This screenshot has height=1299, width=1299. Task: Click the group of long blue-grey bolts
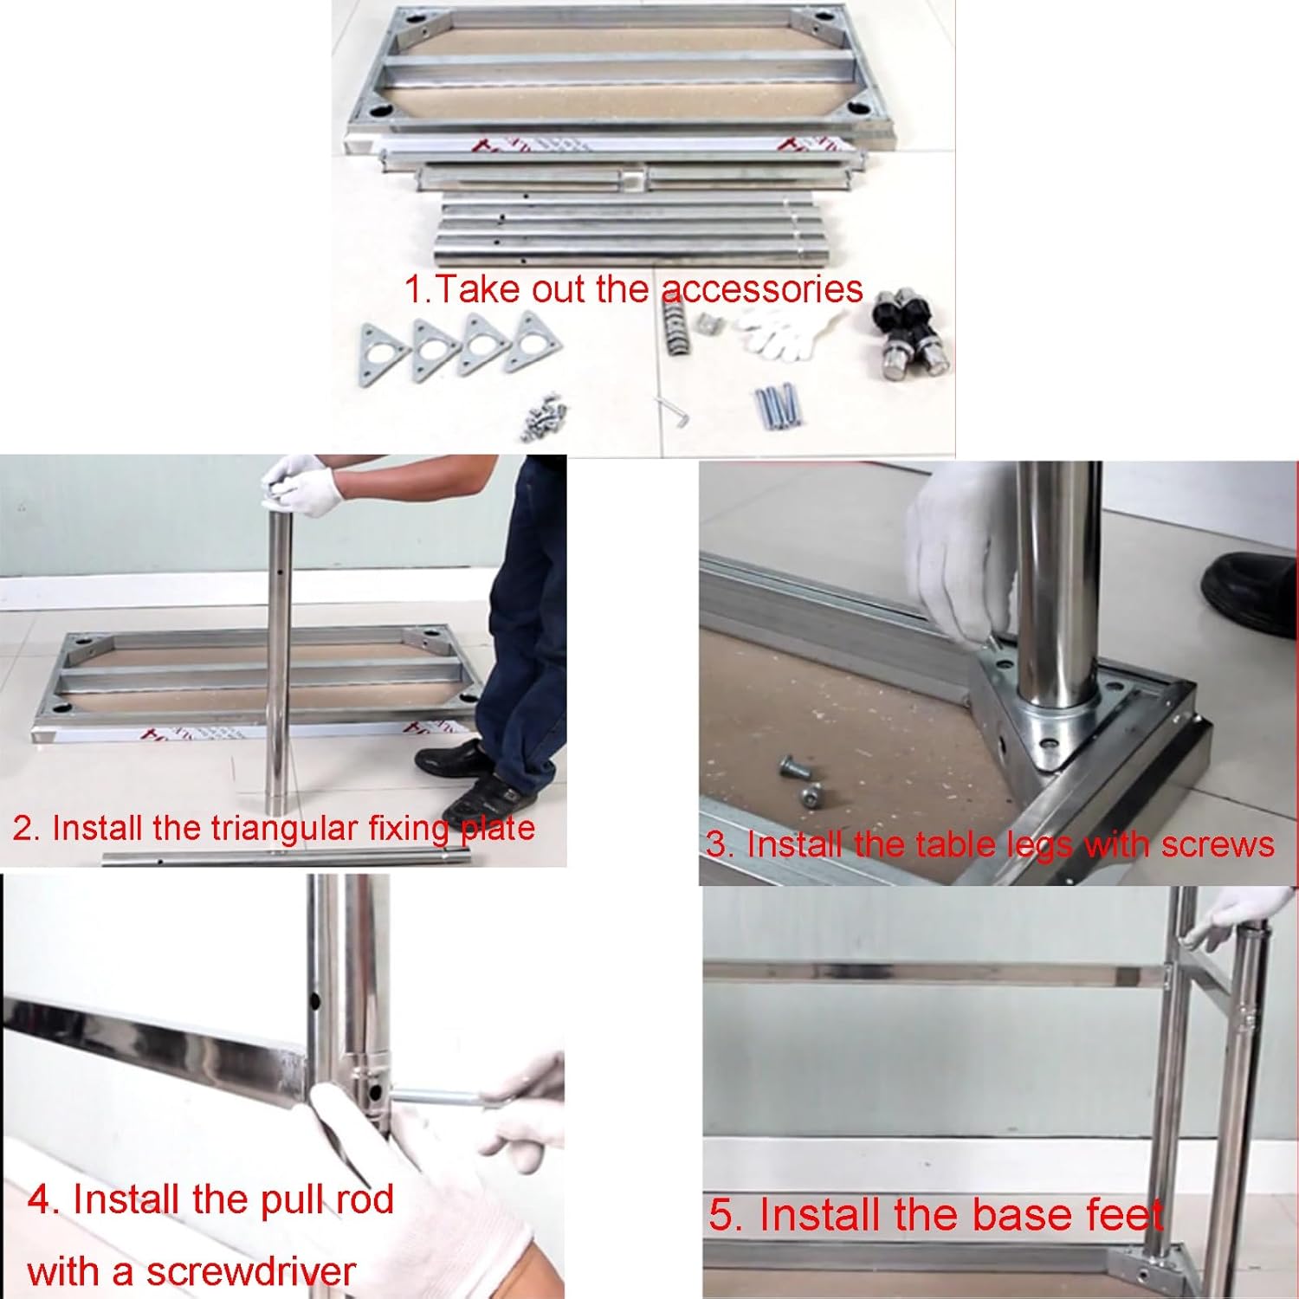tap(779, 405)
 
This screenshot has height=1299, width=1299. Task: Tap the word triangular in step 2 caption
tap(285, 829)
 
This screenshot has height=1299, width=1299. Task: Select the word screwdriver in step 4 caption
tap(250, 1271)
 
